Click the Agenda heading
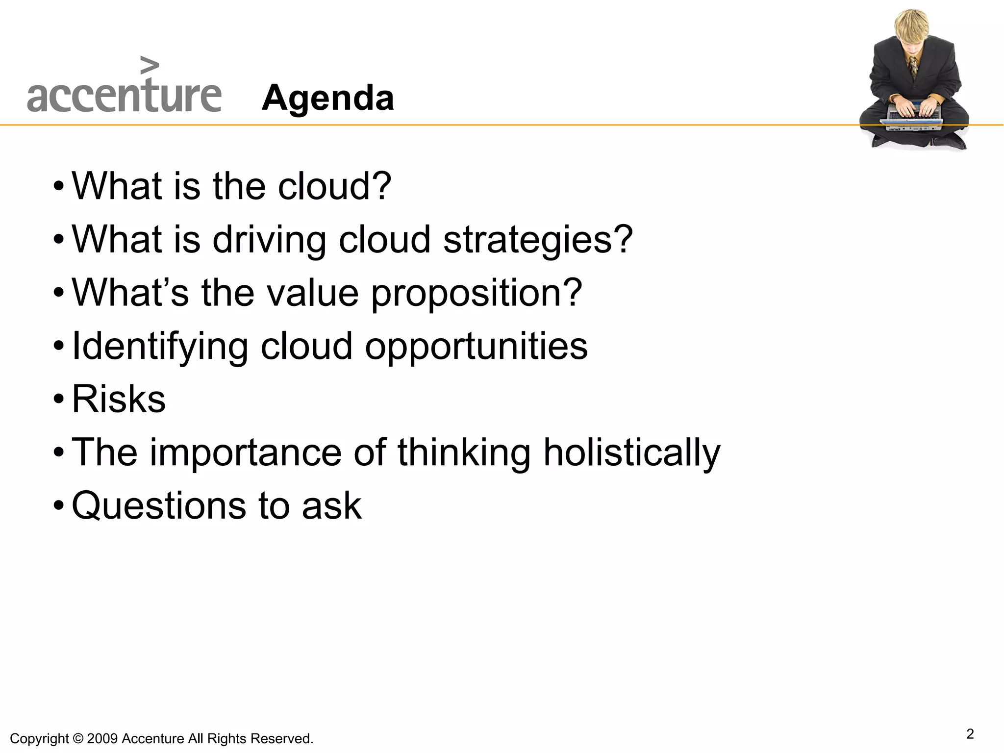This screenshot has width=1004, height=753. [x=327, y=98]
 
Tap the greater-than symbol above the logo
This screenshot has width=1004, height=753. [x=150, y=65]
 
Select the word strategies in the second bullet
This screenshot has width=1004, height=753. [x=538, y=240]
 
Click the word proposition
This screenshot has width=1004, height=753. [x=476, y=293]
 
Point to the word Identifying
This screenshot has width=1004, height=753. [x=160, y=346]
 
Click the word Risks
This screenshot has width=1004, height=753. [x=119, y=399]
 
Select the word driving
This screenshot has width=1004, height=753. [x=269, y=240]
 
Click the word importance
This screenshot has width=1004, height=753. [x=246, y=452]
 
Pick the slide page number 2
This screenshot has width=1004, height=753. [x=970, y=734]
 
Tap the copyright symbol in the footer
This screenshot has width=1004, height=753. [x=77, y=739]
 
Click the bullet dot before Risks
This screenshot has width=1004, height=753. [x=59, y=399]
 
